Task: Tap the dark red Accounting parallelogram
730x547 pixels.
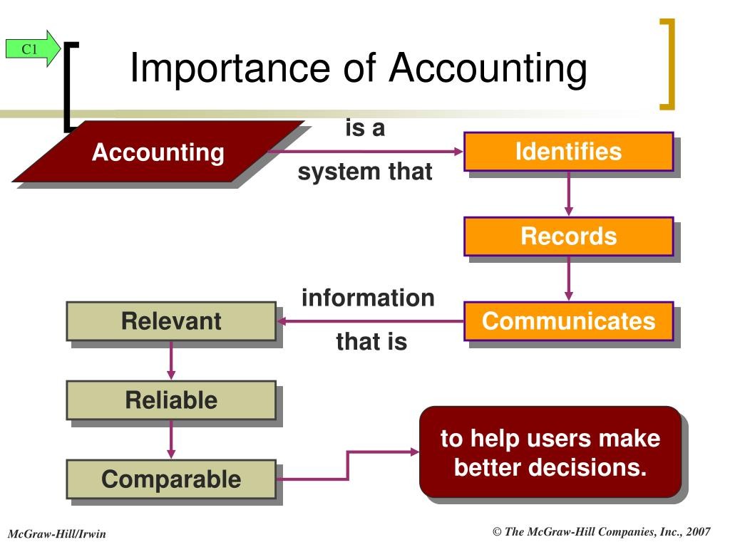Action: click(158, 152)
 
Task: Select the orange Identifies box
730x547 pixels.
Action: click(568, 152)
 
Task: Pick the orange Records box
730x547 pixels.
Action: click(568, 236)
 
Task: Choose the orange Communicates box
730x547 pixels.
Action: click(568, 321)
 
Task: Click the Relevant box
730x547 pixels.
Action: click(171, 321)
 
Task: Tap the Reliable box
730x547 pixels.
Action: click(171, 400)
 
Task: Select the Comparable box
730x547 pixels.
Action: click(171, 479)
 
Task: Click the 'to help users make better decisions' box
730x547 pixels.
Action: click(550, 452)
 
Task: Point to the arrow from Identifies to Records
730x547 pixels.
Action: click(568, 194)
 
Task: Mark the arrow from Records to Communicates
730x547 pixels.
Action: click(568, 278)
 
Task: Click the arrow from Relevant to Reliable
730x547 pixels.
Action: click(171, 360)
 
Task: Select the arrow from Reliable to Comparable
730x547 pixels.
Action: click(171, 439)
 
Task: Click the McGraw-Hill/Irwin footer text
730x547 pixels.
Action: click(57, 534)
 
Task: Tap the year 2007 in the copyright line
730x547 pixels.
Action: click(698, 531)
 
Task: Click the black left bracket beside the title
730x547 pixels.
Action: click(70, 86)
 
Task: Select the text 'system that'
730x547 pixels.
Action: click(365, 172)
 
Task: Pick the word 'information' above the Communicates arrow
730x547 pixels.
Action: click(368, 298)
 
